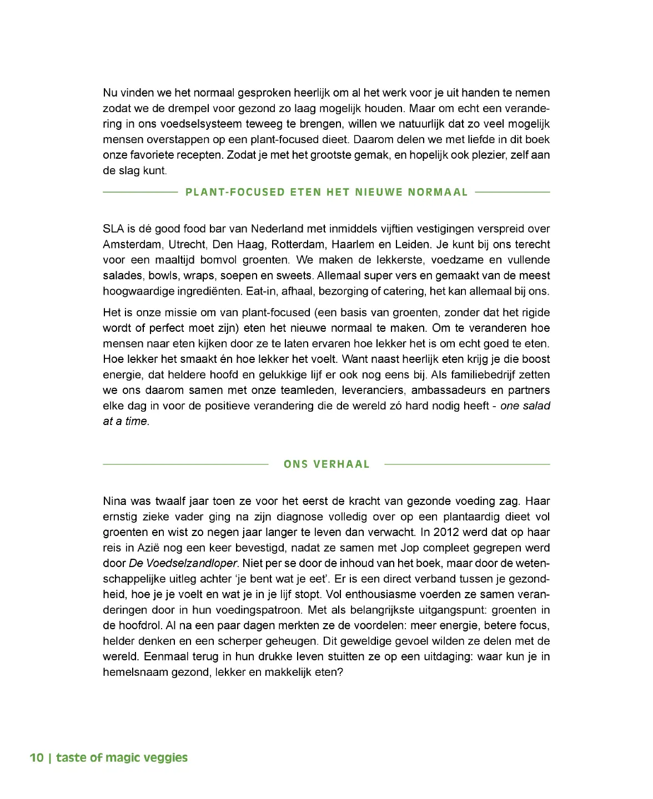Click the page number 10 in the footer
click(x=37, y=758)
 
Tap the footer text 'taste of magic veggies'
click(x=122, y=758)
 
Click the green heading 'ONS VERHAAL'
click(x=326, y=464)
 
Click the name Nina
click(x=114, y=501)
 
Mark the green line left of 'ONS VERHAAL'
click(x=185, y=464)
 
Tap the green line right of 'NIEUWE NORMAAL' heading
click(x=513, y=193)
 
